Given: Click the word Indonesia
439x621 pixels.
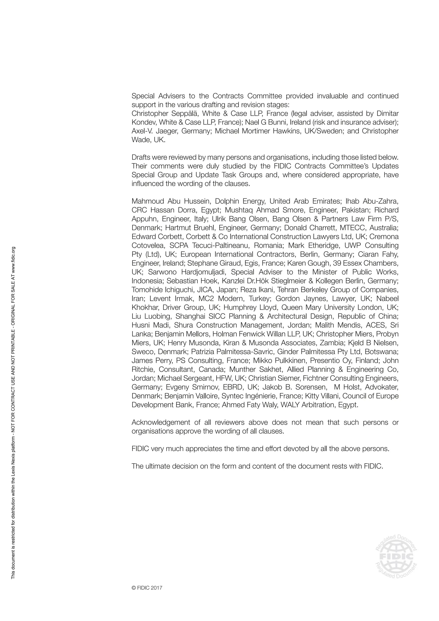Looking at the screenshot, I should pos(148,281).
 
